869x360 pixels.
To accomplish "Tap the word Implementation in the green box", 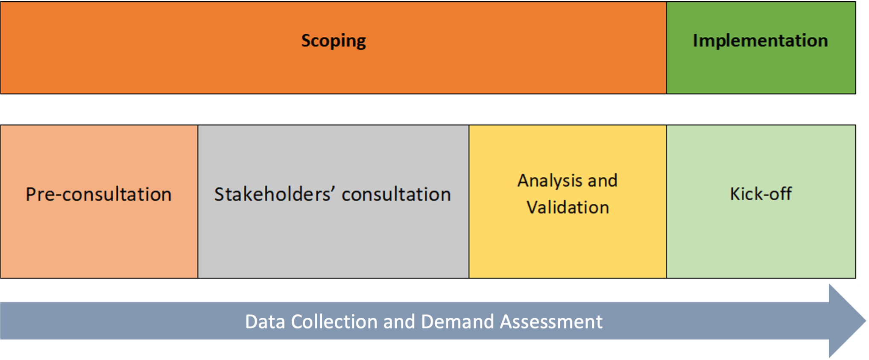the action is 760,41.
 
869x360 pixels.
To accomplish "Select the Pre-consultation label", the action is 99,194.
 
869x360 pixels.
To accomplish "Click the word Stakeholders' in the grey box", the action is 274,194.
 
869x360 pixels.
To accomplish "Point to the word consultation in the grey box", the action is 396,194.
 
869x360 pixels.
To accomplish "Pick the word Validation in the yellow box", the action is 568,208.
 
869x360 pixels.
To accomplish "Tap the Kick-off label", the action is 761,194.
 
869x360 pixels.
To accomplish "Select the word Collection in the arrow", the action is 334,322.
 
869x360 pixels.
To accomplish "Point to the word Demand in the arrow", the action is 457,322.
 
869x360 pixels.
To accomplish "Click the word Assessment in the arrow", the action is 551,322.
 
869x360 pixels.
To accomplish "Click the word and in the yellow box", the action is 603,181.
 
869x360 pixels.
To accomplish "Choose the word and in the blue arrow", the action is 399,322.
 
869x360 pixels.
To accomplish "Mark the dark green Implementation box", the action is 761,48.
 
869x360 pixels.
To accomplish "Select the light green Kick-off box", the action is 761,202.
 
